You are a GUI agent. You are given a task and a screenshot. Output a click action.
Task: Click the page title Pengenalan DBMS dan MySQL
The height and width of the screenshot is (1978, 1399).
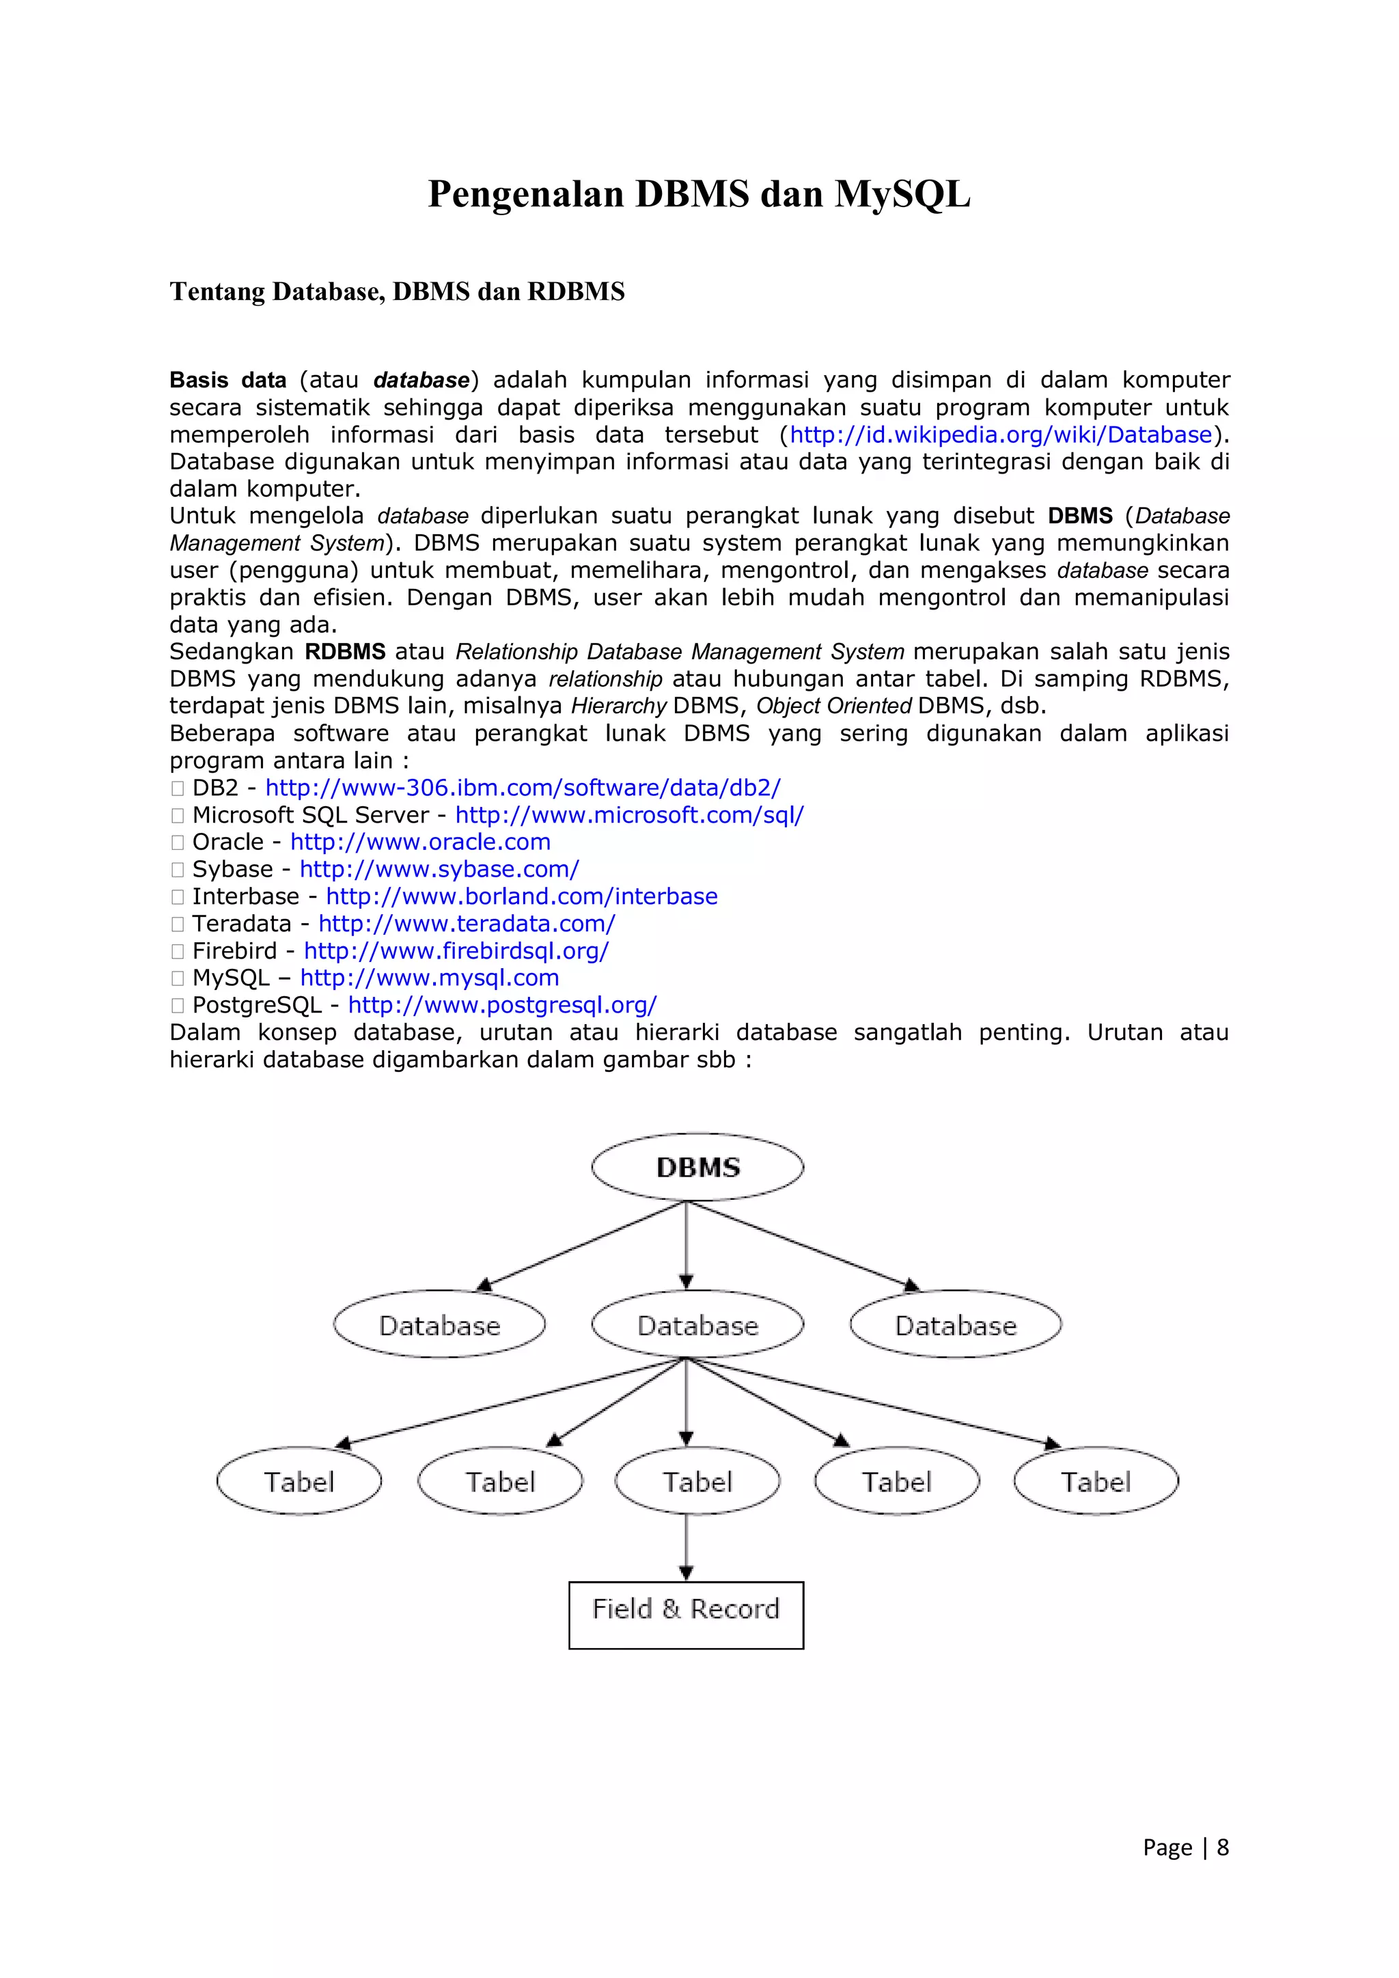699,194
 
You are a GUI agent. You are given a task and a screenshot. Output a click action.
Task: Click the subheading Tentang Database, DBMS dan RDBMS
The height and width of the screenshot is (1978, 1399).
397,292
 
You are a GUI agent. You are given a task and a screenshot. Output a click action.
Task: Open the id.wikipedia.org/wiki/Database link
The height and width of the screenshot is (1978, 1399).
1000,435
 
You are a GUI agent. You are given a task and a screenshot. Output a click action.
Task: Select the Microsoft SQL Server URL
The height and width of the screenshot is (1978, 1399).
629,815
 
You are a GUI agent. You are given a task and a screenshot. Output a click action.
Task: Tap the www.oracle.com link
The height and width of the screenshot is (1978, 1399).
420,842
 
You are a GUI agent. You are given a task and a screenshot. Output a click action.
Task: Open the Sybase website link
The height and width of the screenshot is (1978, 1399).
439,869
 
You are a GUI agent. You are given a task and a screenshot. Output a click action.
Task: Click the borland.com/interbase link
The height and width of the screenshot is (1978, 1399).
521,897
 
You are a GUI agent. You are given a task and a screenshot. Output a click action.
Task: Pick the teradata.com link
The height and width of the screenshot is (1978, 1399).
467,924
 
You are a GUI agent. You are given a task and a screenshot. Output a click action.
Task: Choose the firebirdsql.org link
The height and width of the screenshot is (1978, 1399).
456,951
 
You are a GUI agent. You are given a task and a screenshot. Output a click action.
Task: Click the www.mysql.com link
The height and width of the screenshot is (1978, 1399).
430,978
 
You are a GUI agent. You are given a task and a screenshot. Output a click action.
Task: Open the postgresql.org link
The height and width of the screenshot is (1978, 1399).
502,1005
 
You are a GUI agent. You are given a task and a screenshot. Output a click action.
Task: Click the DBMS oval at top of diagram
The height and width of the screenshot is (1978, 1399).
697,1168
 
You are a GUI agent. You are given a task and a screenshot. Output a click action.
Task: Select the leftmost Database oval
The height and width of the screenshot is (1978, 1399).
439,1325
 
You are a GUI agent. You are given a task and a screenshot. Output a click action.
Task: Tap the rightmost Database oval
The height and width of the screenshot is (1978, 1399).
956,1325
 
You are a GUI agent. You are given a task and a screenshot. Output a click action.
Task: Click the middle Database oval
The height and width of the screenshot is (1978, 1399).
697,1325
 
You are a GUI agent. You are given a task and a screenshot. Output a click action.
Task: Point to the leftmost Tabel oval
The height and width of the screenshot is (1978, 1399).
299,1482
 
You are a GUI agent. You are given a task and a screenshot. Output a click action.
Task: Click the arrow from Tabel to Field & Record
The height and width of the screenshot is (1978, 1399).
686,1546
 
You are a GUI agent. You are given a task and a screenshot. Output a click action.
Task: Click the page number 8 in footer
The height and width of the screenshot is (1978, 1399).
1221,1847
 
